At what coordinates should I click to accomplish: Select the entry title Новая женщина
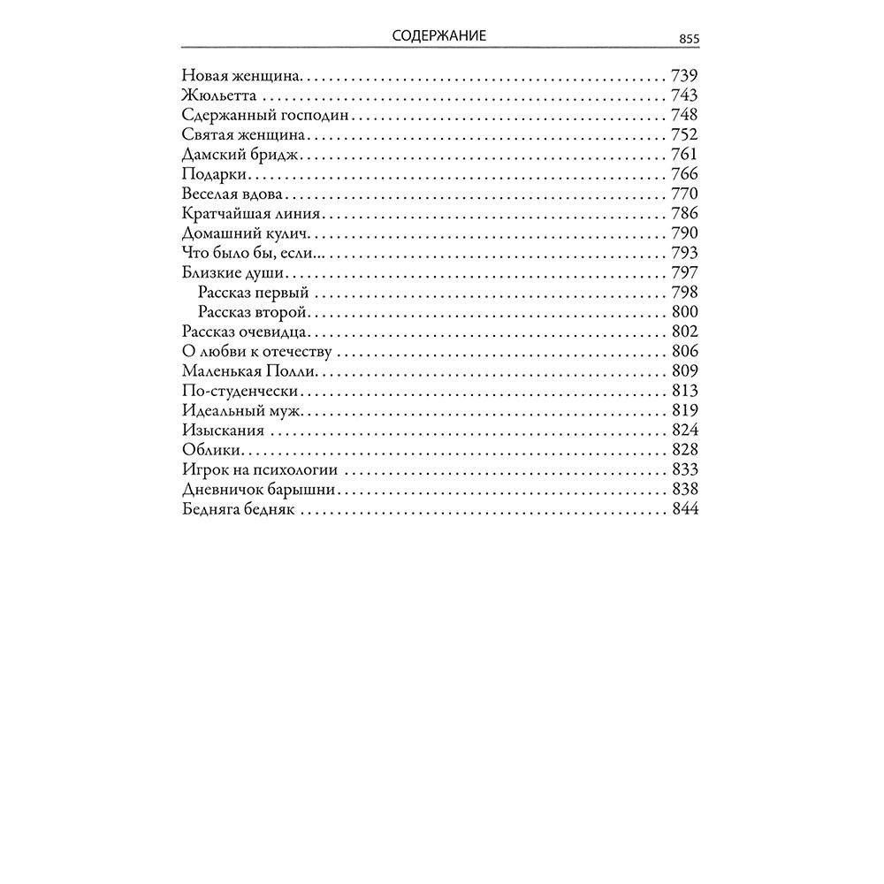coord(241,75)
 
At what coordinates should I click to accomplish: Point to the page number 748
coord(685,115)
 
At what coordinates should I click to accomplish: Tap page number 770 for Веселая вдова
coord(685,194)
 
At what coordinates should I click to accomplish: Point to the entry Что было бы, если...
coord(250,254)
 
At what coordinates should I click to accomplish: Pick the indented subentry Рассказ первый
coord(253,293)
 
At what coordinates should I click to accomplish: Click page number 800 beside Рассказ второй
coord(685,312)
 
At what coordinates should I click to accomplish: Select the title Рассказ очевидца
coord(244,332)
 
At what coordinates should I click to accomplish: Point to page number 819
coord(685,411)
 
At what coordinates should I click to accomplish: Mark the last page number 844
coord(685,510)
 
